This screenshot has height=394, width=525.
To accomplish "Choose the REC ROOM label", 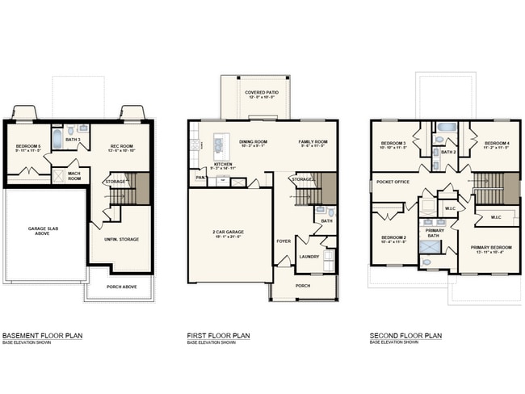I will click(x=121, y=146).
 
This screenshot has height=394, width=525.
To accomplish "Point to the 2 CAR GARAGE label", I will click(x=229, y=232).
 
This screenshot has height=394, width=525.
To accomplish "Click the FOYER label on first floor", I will click(x=283, y=240).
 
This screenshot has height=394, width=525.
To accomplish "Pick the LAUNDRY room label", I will click(x=309, y=257).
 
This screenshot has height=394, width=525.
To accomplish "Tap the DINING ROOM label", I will click(x=253, y=141).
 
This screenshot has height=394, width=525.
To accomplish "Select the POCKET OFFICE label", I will click(x=394, y=182).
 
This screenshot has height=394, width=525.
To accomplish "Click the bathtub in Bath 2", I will click(x=446, y=128).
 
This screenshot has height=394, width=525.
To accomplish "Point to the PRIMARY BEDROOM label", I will click(x=489, y=248).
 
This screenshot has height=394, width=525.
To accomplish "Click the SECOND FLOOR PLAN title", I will click(x=405, y=335).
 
